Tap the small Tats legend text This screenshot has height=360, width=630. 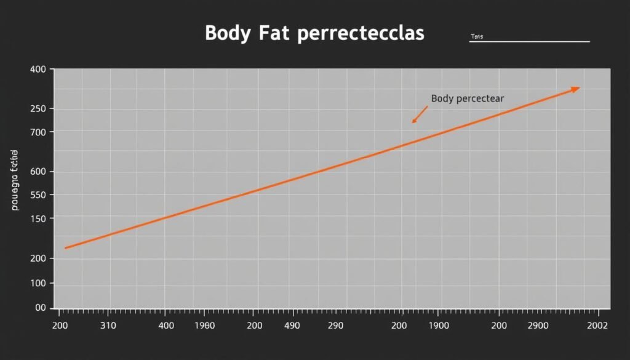tap(477, 37)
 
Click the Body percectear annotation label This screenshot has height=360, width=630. tap(468, 98)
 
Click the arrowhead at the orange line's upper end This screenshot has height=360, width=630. tap(575, 89)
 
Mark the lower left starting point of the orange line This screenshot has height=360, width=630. tap(65, 248)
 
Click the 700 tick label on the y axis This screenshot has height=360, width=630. tap(38, 132)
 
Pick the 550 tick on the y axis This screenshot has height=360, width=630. tap(38, 195)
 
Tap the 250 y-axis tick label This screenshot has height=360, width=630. tap(38, 109)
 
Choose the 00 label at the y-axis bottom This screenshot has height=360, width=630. tap(41, 308)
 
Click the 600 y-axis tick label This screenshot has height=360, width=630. tap(38, 172)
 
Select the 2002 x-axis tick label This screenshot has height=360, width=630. tap(597, 325)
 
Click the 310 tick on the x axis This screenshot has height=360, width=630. tap(108, 325)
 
